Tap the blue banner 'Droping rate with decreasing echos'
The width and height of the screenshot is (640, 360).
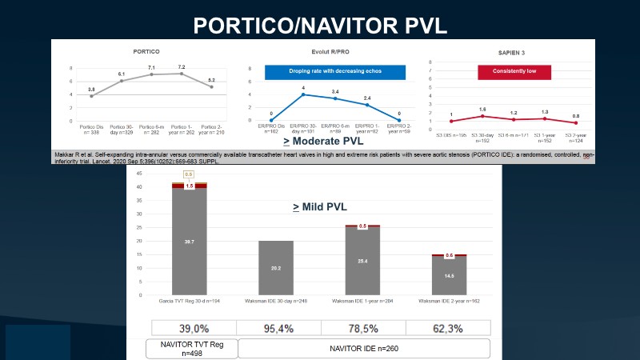[x=325, y=72]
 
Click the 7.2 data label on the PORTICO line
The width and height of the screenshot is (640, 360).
[x=182, y=66]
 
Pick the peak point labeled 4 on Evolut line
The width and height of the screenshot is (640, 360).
[x=304, y=94]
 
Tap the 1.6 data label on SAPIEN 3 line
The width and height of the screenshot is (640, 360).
[x=482, y=109]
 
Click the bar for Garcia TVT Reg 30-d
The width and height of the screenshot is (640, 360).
[x=189, y=240]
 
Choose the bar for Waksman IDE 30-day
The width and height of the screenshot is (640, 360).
[x=275, y=268]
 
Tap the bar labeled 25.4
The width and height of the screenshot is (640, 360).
[x=362, y=261]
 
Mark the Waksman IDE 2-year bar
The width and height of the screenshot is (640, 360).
[x=449, y=276]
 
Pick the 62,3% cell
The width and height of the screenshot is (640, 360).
[x=449, y=329]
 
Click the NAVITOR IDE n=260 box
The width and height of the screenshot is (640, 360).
[x=364, y=349]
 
